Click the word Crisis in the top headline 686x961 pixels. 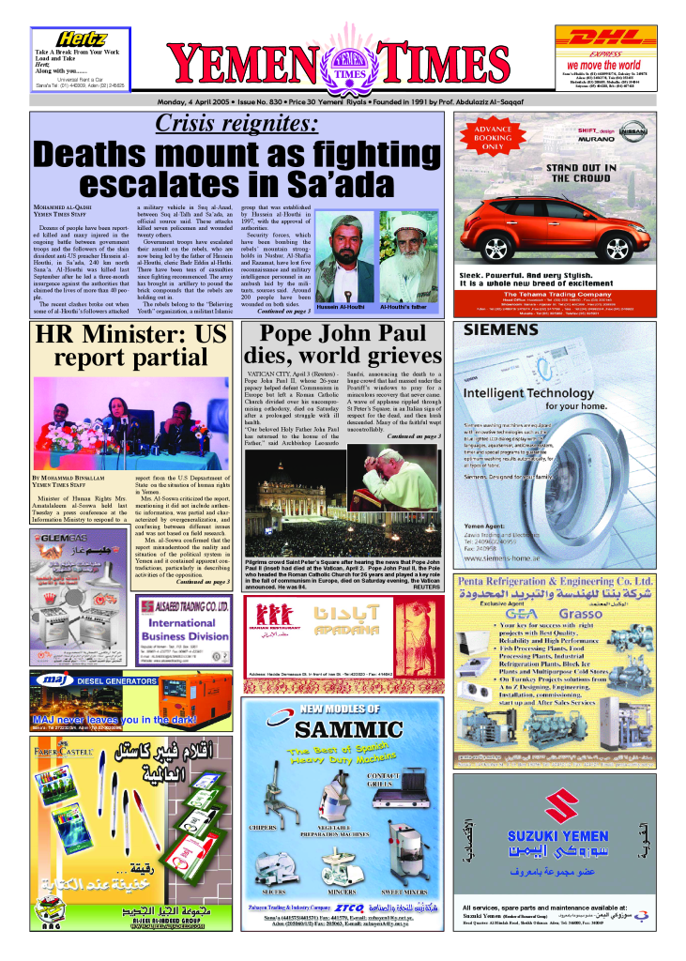coord(185,123)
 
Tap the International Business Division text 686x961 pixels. coord(183,629)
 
